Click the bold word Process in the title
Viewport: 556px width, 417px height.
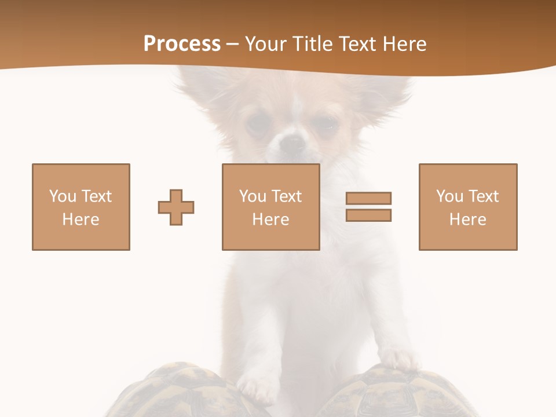point(182,44)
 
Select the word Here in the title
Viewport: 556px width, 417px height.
point(404,44)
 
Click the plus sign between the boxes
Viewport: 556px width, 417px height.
point(176,207)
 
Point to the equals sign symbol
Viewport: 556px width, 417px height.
point(368,207)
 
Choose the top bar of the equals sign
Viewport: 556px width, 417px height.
point(368,198)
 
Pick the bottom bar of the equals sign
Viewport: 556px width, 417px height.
point(368,215)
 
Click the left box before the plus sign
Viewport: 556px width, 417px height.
point(81,207)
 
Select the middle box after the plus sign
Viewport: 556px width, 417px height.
point(270,207)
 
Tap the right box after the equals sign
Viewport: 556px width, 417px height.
point(467,207)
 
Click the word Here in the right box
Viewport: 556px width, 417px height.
point(467,220)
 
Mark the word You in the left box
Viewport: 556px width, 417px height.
point(62,196)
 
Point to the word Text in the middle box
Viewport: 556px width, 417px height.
point(287,196)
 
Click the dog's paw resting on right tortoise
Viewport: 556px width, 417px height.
point(399,359)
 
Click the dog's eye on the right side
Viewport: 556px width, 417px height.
point(328,124)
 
